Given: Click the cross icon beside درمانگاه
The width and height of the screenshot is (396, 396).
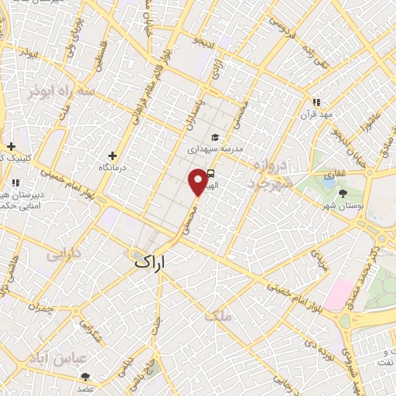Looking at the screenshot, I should click(114, 155).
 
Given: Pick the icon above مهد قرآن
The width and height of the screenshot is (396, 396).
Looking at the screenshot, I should click(316, 102).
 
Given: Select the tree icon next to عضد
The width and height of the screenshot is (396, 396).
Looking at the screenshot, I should click(85, 377).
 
